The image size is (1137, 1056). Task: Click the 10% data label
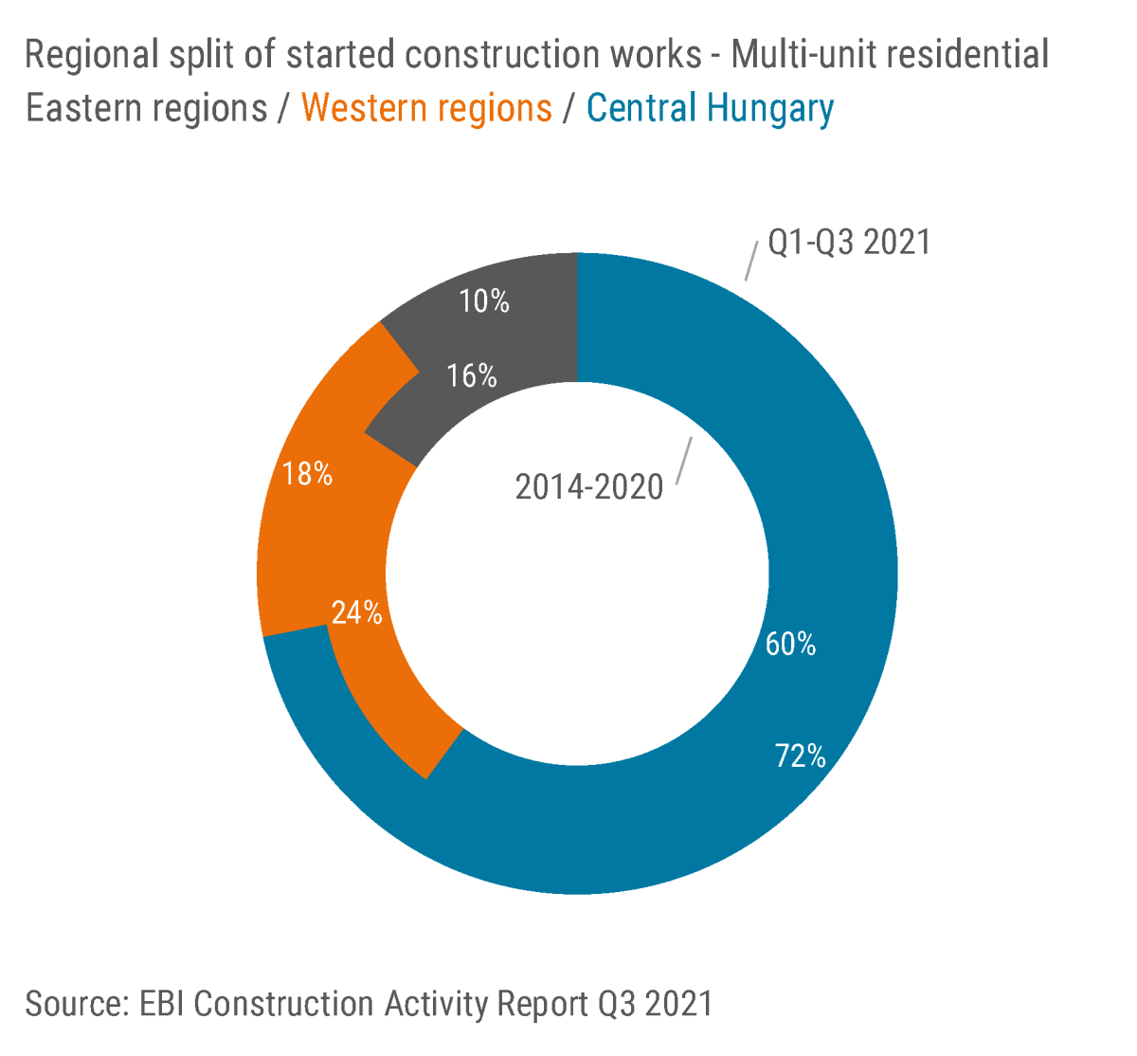coord(484,301)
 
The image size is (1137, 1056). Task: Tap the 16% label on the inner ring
coord(472,376)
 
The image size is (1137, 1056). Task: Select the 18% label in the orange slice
coord(308,474)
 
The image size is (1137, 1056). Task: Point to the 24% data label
coord(356,613)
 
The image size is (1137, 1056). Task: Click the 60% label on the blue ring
coord(790,645)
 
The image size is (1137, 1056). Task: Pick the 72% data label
coord(800,756)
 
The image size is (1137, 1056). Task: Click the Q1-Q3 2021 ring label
coord(849,243)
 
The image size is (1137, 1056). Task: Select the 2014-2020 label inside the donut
coord(588,487)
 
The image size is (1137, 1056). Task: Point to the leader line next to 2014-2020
coord(685,461)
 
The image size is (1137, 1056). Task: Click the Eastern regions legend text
coord(146,109)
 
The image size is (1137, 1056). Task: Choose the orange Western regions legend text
coord(426,109)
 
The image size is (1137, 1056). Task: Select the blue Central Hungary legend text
coord(710,109)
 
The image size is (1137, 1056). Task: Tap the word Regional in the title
coord(91,55)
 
